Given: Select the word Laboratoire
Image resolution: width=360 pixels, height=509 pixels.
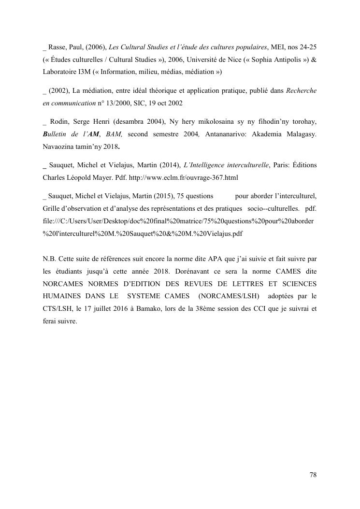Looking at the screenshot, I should (59, 72).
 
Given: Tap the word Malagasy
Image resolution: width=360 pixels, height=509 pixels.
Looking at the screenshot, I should (302, 134).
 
